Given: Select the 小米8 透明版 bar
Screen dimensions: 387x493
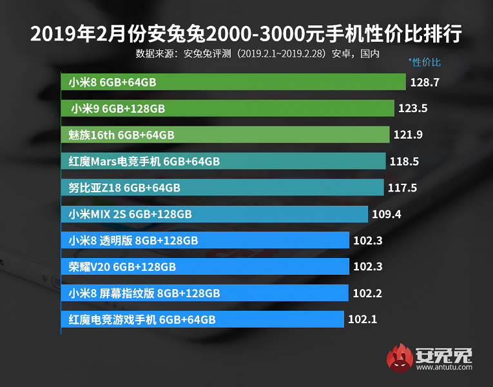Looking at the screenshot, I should tap(206, 241).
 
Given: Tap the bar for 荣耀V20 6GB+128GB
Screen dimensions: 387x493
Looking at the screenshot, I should tap(206, 266).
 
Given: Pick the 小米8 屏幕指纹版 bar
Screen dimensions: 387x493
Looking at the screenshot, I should tap(206, 293).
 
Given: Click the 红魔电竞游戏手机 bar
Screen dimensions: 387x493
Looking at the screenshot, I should tap(203, 319).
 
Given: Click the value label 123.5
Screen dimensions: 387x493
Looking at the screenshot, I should tap(413, 108).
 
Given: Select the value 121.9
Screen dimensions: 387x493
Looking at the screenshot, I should tap(408, 135).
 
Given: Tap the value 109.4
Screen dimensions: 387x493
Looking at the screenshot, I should tap(386, 213).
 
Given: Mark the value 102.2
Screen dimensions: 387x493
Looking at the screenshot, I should tap(367, 293).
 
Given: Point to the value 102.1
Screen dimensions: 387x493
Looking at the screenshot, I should tap(362, 319).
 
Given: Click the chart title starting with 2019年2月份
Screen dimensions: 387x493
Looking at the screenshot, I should tap(246, 33).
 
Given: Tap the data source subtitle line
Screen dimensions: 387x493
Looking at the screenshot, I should tap(257, 53).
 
